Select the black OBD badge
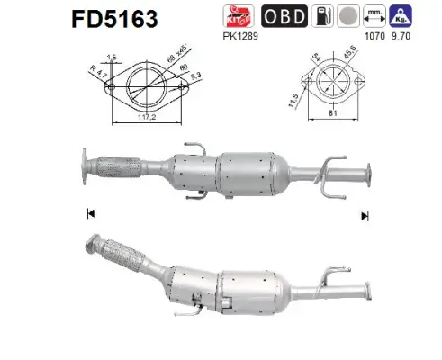click(283, 16)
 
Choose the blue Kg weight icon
click(402, 16)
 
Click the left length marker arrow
click(89, 214)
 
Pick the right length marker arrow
click(365, 215)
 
